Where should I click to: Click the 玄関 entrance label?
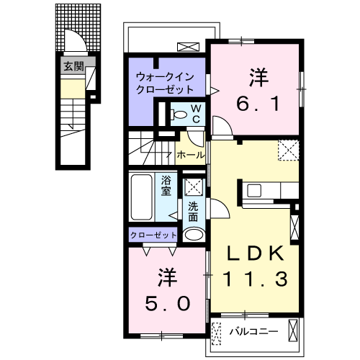(73, 67)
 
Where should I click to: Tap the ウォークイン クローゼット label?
(166, 84)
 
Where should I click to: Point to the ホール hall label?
(189, 154)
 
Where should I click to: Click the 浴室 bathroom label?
(166, 185)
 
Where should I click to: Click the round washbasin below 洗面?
(193, 235)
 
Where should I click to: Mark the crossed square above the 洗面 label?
(193, 186)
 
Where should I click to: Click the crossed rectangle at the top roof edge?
(187, 47)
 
